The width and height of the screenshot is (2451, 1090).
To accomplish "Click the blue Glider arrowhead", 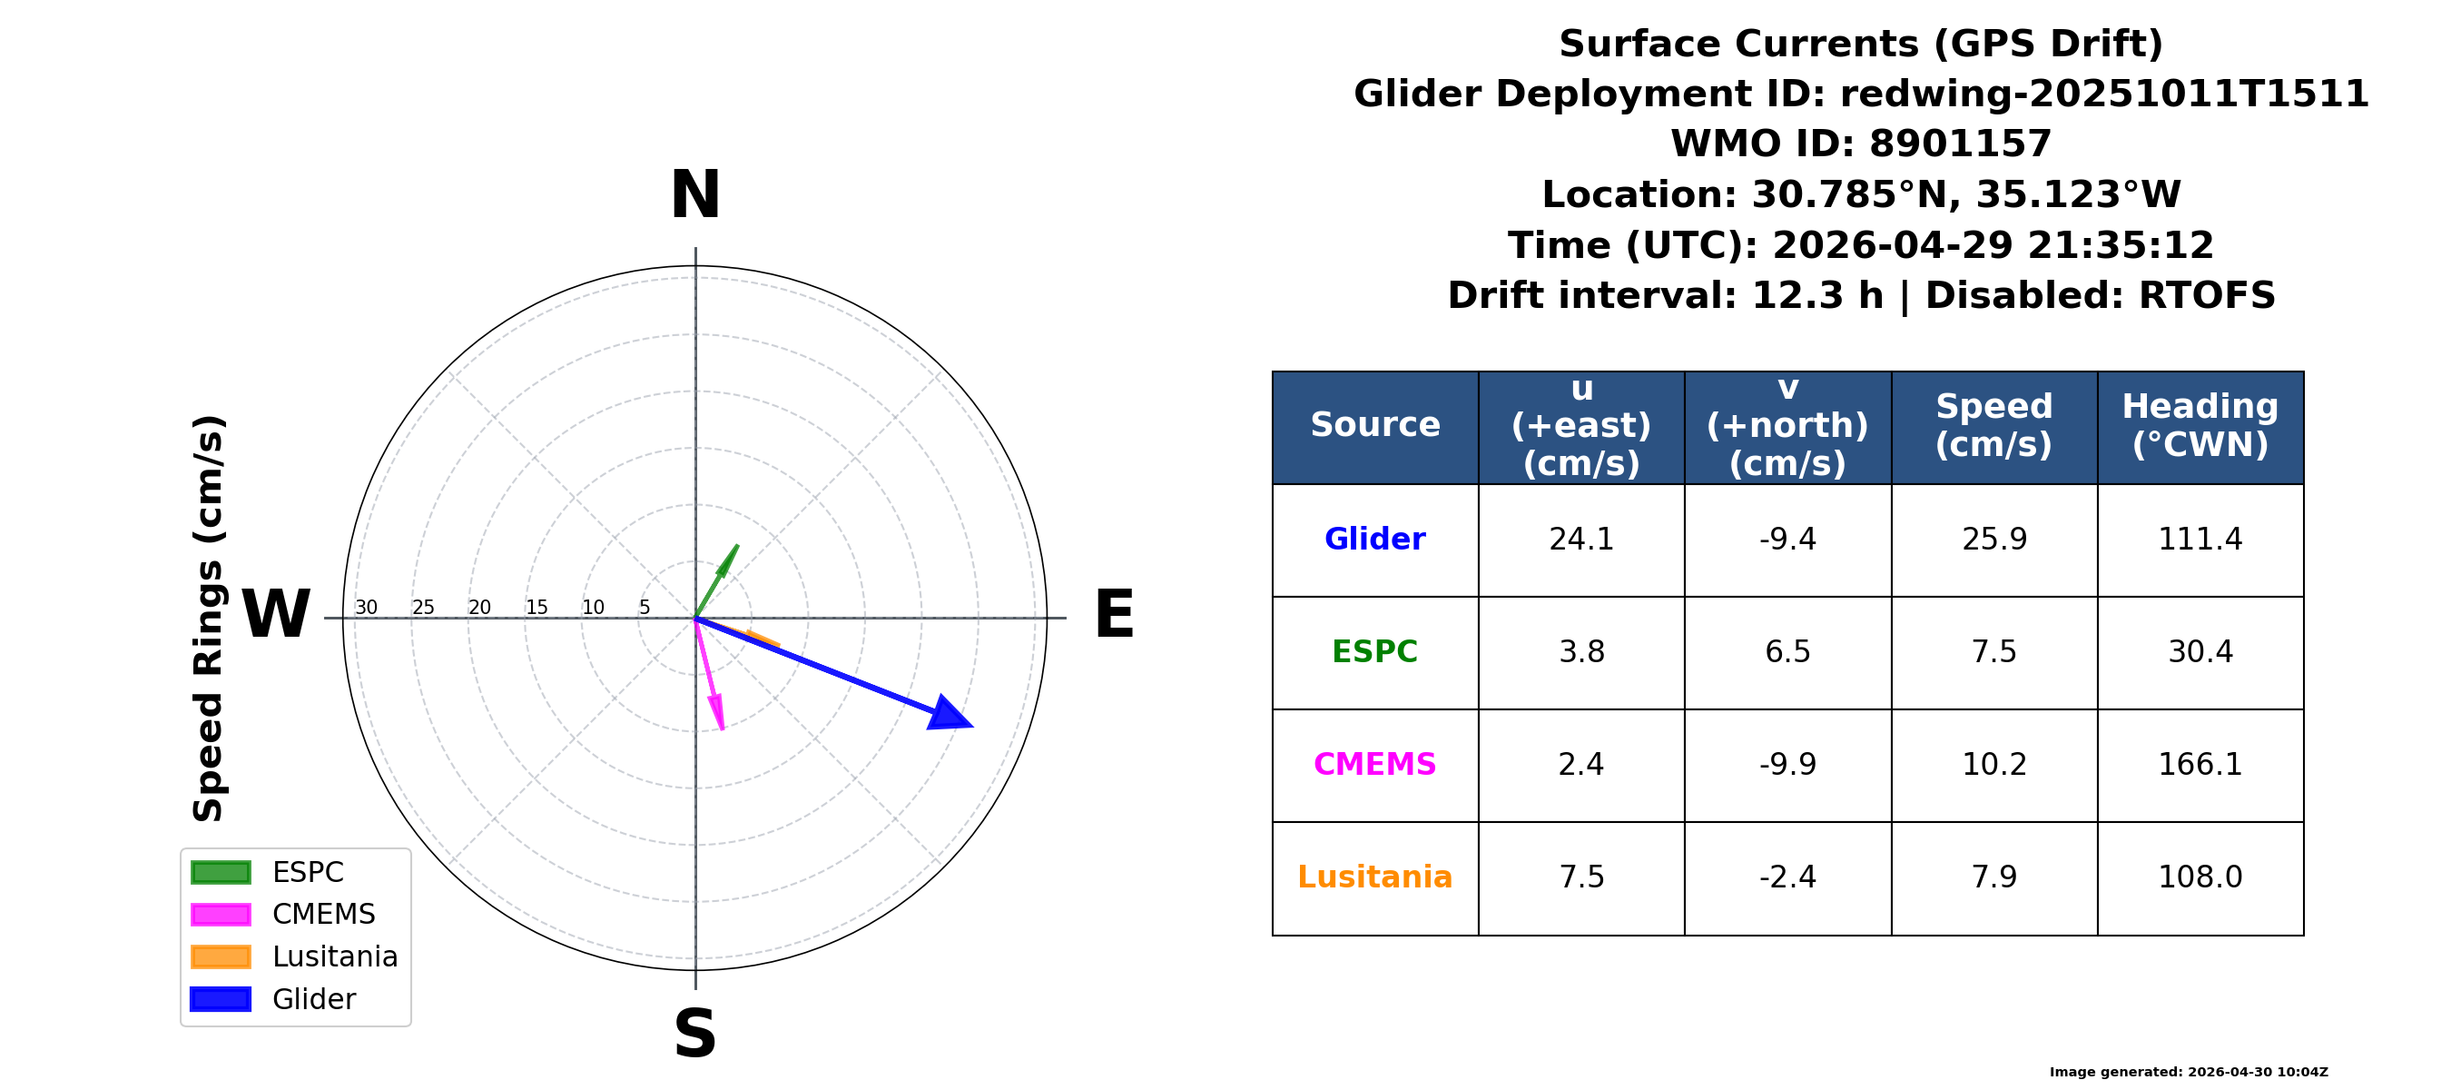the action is click(x=948, y=714).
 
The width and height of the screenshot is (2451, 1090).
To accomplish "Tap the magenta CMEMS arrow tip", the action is click(x=723, y=730).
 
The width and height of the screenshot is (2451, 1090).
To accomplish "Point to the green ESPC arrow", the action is click(x=716, y=580).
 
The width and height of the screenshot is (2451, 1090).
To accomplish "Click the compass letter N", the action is click(x=695, y=195).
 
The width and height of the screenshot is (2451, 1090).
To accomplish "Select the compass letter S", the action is click(x=694, y=1034).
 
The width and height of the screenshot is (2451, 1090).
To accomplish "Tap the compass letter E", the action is click(x=1114, y=615).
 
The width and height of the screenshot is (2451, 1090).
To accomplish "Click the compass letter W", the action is click(x=276, y=615).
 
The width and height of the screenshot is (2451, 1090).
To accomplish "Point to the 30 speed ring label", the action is click(x=367, y=608).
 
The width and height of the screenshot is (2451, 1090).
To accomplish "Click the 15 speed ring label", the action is click(x=536, y=608).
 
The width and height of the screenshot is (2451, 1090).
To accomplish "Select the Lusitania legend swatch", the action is click(x=221, y=956).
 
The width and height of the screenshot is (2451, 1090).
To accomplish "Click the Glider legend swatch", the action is click(x=221, y=999).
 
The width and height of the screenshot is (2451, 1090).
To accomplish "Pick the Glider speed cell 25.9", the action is click(x=1994, y=540).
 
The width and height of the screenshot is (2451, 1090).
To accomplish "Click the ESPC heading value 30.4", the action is click(x=2200, y=652).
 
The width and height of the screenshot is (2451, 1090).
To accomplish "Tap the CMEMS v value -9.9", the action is click(x=1787, y=765).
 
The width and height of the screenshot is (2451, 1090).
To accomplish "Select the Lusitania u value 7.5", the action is click(x=1581, y=877).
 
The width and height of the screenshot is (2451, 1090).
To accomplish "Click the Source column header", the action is click(x=1375, y=425).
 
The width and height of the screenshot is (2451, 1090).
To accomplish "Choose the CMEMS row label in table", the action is click(x=1375, y=765).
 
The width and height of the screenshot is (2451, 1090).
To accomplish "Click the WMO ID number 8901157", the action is click(x=1960, y=144).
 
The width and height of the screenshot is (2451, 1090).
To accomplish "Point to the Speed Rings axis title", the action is click(x=209, y=619).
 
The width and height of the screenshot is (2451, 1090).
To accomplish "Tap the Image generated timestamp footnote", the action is click(x=2189, y=1072).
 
